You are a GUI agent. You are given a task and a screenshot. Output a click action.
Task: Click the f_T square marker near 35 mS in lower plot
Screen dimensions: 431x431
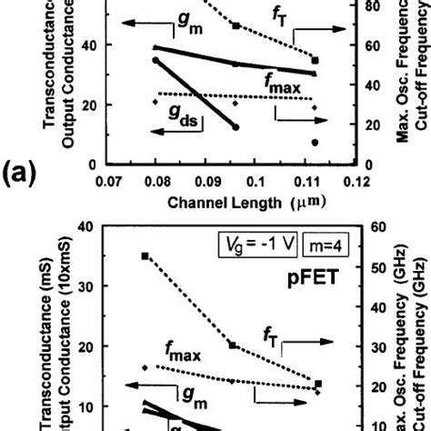point(146,281)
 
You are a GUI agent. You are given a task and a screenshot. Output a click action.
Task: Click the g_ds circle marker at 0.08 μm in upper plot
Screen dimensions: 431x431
point(155,61)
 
